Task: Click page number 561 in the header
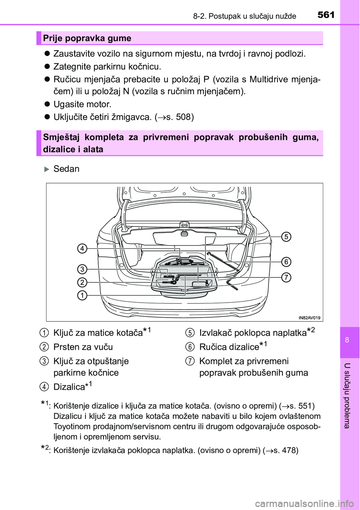point(326,15)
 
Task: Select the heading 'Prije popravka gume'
point(87,38)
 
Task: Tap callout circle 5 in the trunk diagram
point(286,237)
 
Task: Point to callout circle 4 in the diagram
point(82,248)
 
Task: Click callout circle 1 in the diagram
point(82,295)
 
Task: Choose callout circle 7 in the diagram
point(286,277)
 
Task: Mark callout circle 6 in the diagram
point(286,262)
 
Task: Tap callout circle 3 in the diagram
point(82,269)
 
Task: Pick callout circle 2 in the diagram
point(82,282)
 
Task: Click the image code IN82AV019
point(309,318)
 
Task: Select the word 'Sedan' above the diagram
point(66,169)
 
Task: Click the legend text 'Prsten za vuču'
point(83,347)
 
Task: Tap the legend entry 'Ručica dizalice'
point(229,347)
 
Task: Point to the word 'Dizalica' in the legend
point(69,387)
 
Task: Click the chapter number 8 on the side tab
point(347,340)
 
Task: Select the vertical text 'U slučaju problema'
point(347,396)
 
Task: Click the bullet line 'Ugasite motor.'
point(82,104)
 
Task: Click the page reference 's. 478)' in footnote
point(286,450)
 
